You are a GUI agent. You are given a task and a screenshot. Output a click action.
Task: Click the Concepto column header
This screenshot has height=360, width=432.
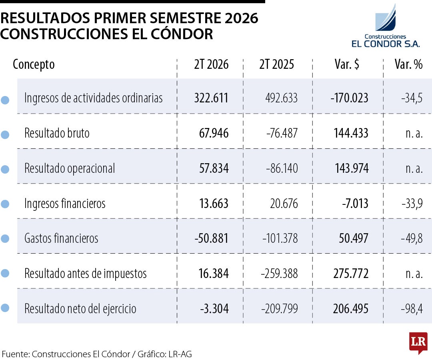click(34, 65)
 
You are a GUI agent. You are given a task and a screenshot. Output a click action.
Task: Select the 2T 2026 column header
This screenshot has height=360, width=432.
click(211, 64)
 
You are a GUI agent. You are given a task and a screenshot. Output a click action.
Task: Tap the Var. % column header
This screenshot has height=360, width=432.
click(408, 64)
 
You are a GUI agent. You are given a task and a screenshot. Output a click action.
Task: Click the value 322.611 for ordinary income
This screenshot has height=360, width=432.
click(211, 98)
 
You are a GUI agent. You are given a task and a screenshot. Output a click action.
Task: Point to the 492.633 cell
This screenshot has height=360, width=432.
click(282, 98)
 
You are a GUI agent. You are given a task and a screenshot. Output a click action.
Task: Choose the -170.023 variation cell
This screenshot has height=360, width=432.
click(349, 98)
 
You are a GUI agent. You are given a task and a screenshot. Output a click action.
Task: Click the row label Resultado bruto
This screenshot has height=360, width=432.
click(57, 133)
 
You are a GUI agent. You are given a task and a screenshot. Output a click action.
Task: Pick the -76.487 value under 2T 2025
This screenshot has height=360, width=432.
click(282, 133)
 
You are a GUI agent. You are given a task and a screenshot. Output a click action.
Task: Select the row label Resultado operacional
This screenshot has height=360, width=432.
click(70, 168)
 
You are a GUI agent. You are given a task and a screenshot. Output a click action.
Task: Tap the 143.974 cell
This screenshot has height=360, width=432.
click(352, 168)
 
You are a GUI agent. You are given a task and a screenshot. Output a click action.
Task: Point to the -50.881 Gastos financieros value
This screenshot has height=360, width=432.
click(212, 238)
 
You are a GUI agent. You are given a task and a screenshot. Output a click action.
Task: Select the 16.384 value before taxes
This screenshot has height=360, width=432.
click(214, 274)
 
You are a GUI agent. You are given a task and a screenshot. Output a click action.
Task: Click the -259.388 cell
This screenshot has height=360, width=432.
click(279, 274)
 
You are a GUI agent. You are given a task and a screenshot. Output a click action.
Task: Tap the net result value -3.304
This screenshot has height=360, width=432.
click(214, 308)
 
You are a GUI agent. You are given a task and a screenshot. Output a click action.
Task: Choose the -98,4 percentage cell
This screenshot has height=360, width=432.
click(412, 309)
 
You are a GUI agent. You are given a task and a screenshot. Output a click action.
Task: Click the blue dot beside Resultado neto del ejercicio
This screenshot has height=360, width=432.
click(5, 308)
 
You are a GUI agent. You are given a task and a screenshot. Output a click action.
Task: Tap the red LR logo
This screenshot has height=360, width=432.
click(418, 342)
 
